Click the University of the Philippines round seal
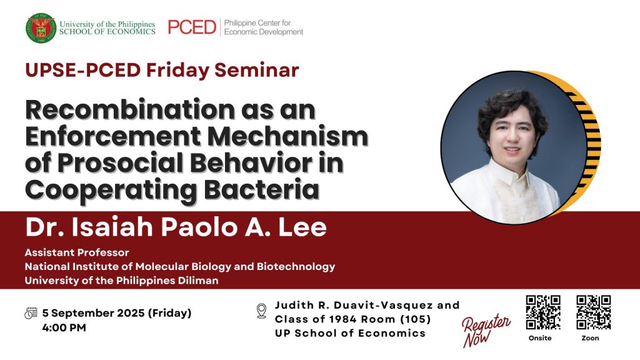41,27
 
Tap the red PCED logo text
192,27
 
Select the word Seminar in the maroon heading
257,70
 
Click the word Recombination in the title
130,109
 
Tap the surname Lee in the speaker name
302,227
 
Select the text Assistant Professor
77,252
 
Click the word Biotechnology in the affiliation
296,266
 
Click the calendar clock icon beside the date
31,313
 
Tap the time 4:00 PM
64,327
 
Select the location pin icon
262,311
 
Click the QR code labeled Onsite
543,312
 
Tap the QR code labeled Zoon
594,312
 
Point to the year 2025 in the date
131,313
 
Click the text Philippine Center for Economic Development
264,27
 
